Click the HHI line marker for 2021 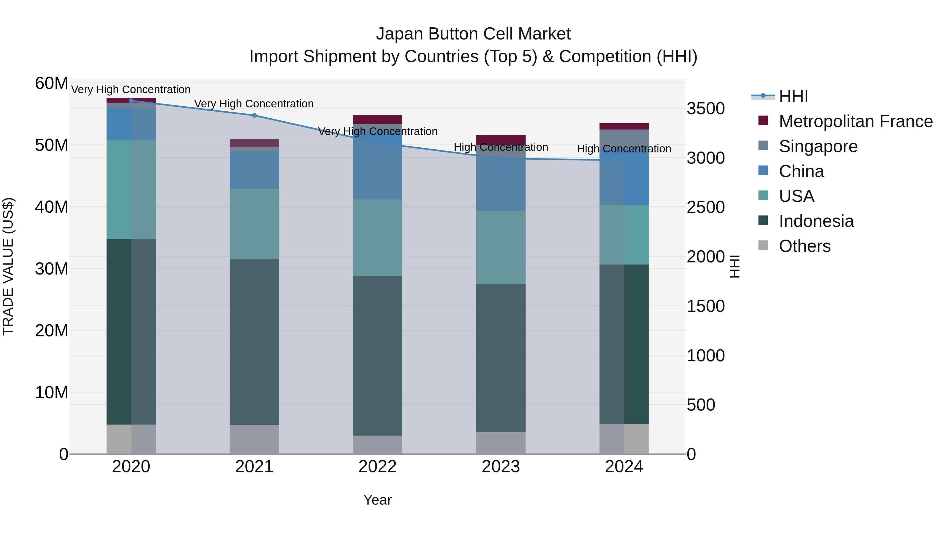pyautogui.click(x=254, y=116)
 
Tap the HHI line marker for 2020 pyautogui.click(x=131, y=101)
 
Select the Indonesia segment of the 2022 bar pyautogui.click(x=377, y=355)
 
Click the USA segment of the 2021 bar pyautogui.click(x=254, y=224)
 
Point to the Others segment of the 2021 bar pyautogui.click(x=254, y=439)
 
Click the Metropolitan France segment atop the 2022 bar pyautogui.click(x=377, y=119)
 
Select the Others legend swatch pyautogui.click(x=763, y=245)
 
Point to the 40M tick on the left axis pyautogui.click(x=52, y=207)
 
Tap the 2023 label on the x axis pyautogui.click(x=501, y=467)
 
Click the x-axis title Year pyautogui.click(x=377, y=500)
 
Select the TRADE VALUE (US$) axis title pyautogui.click(x=8, y=266)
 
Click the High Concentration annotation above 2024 pyautogui.click(x=624, y=149)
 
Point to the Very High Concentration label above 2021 pyautogui.click(x=254, y=104)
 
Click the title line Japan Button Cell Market pyautogui.click(x=473, y=34)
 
